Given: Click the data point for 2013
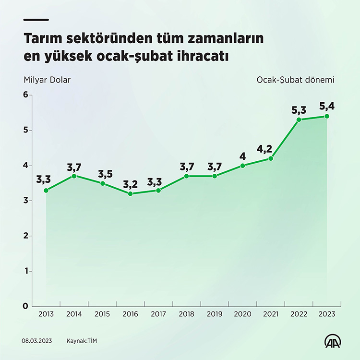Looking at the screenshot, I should pyautogui.click(x=46, y=191).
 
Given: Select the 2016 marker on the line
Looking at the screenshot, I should pyautogui.click(x=130, y=194).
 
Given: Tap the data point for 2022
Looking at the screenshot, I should pyautogui.click(x=299, y=120).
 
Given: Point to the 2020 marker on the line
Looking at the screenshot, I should pyautogui.click(x=242, y=166).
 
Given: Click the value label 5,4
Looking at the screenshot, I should pyautogui.click(x=326, y=106).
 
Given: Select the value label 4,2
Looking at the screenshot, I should pyautogui.click(x=270, y=148).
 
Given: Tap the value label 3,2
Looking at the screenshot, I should pyautogui.click(x=130, y=183).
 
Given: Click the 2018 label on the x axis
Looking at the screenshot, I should pyautogui.click(x=186, y=314).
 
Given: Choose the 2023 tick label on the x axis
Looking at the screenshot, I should pyautogui.click(x=326, y=314).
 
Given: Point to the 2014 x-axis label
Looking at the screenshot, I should pyautogui.click(x=74, y=314).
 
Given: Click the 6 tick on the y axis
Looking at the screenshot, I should pyautogui.click(x=25, y=95).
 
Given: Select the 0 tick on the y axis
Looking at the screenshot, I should pyautogui.click(x=25, y=306).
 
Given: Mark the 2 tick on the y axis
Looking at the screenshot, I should pyautogui.click(x=25, y=236).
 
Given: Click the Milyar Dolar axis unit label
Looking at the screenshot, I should pyautogui.click(x=47, y=80).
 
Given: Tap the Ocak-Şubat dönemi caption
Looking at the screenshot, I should pyautogui.click(x=295, y=80).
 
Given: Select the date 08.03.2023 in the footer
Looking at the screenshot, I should pyautogui.click(x=37, y=341).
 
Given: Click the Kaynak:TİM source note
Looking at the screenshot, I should pyautogui.click(x=85, y=341).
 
